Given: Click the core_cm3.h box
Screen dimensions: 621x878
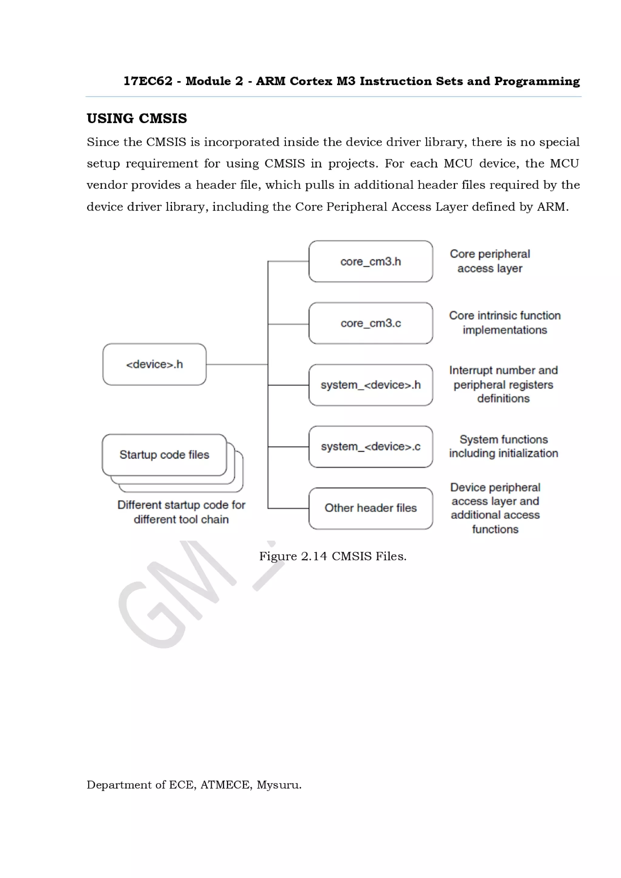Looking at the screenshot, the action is (x=370, y=261).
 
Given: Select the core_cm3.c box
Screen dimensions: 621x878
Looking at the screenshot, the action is (x=370, y=323).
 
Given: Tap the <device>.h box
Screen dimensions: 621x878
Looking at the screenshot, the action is (x=154, y=364).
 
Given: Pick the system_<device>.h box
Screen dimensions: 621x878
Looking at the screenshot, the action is (x=370, y=385).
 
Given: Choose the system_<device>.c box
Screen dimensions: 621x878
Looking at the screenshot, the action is (x=370, y=446).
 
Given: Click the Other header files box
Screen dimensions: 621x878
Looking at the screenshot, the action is (x=370, y=508).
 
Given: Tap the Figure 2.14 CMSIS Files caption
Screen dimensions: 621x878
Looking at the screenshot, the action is (x=333, y=556).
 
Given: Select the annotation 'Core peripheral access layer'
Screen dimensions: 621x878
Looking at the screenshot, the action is (x=490, y=261).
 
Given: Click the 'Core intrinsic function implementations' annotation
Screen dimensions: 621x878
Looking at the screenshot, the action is (x=505, y=323).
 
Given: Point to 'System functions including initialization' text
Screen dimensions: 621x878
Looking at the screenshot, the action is (x=504, y=446).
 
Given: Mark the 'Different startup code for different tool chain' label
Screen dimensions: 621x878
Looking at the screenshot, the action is (x=181, y=512).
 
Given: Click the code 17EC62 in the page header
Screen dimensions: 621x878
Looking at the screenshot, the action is (x=148, y=81).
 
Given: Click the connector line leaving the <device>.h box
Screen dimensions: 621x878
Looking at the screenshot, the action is (x=237, y=364).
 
